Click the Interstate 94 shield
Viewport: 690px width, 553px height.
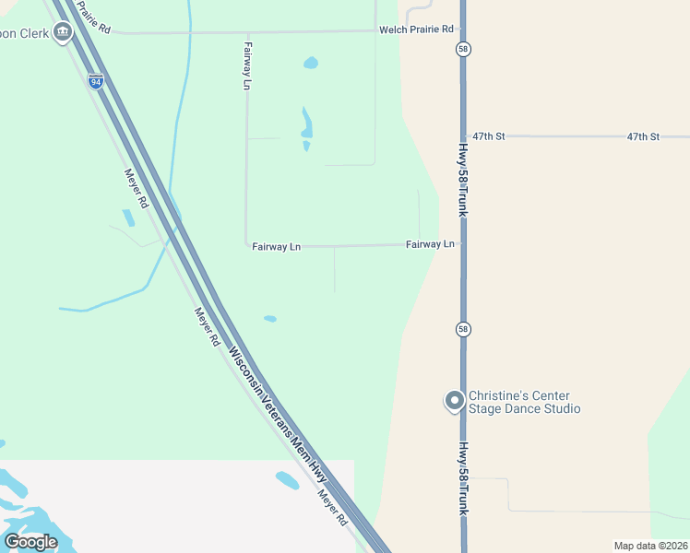[96, 80]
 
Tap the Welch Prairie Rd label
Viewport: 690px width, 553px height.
[416, 29]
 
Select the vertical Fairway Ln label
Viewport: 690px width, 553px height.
[247, 65]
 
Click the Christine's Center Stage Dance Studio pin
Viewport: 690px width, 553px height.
[454, 401]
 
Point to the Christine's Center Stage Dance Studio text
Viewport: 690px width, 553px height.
[524, 402]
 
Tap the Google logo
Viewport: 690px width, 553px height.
[30, 541]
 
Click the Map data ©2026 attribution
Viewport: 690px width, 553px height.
[650, 546]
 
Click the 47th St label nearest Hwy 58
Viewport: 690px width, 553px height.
[488, 136]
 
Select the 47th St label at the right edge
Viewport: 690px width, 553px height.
[643, 136]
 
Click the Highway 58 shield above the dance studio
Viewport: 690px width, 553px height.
[463, 329]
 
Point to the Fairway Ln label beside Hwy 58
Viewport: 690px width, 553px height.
[431, 244]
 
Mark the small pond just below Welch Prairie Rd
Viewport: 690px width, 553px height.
[311, 64]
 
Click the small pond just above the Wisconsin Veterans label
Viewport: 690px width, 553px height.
[270, 319]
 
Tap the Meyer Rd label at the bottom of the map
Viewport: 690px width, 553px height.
[333, 507]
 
